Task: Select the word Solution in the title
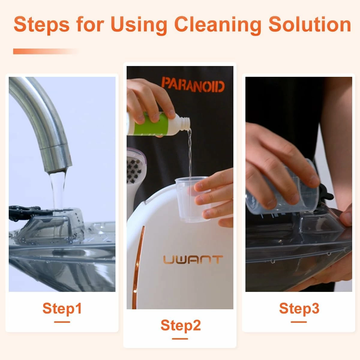tap(310, 25)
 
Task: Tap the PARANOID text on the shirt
tap(193, 85)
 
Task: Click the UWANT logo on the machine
tap(193, 259)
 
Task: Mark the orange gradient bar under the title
tap(46, 51)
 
